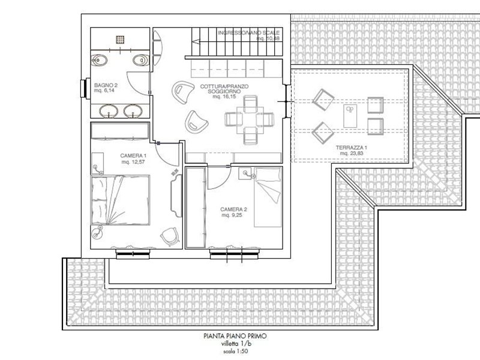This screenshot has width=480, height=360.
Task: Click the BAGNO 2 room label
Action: [x=106, y=86]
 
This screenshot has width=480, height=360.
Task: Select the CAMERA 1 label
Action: [x=116, y=154]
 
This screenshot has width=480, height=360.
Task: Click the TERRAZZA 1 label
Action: [x=352, y=147]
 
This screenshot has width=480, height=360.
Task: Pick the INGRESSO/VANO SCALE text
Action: [x=247, y=33]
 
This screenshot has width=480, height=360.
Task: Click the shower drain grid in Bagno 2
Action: [x=121, y=38]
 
